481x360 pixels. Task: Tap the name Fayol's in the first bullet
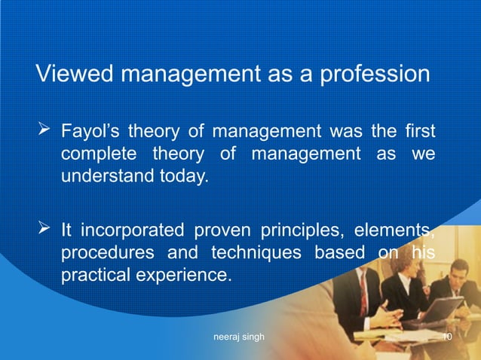tap(90, 133)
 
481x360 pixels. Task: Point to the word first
tap(419, 133)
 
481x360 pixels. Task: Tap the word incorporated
tap(134, 230)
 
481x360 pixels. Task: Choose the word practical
tap(93, 275)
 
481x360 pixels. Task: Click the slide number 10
tap(446, 337)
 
